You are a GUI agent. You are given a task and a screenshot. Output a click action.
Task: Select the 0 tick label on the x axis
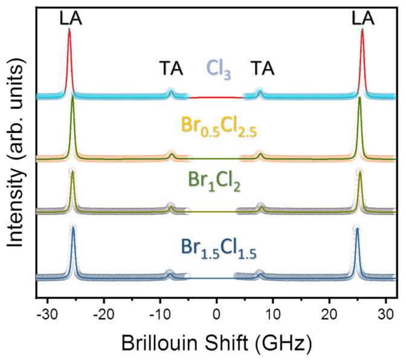click(217, 315)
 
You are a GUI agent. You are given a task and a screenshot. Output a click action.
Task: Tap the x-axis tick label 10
click(273, 315)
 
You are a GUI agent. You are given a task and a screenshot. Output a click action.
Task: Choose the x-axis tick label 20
click(329, 315)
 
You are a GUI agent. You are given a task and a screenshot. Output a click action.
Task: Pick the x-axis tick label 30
click(385, 315)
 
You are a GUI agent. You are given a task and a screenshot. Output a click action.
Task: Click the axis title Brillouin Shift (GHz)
click(216, 343)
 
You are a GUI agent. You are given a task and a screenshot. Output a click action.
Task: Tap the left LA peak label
click(71, 19)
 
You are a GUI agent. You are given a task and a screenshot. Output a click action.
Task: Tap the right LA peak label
click(364, 19)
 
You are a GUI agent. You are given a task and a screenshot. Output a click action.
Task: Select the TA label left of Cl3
click(171, 69)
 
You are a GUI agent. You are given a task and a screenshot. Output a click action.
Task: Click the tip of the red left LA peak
click(69, 30)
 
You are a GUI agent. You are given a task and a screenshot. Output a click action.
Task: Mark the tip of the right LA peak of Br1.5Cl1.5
click(357, 228)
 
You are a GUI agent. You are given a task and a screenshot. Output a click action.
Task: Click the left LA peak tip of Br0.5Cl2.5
click(72, 97)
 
